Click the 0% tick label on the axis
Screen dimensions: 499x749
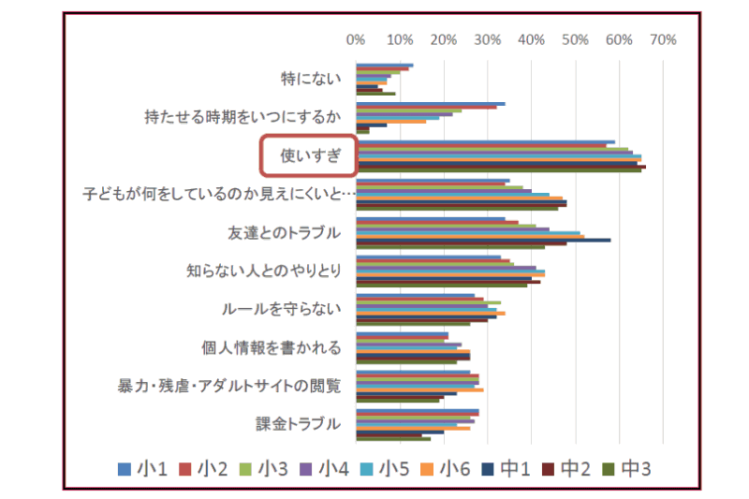[x=355, y=40]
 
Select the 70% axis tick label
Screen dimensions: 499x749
[x=662, y=40]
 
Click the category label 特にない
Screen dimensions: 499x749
[x=311, y=79]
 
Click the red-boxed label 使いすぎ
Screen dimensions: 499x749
[x=307, y=156]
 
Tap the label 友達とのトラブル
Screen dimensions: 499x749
[x=284, y=232]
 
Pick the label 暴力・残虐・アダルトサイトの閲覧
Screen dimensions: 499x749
[x=229, y=386]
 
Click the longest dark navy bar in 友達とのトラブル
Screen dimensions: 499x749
[x=482, y=240]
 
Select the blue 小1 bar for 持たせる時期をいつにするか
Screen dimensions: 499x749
[x=430, y=104]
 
